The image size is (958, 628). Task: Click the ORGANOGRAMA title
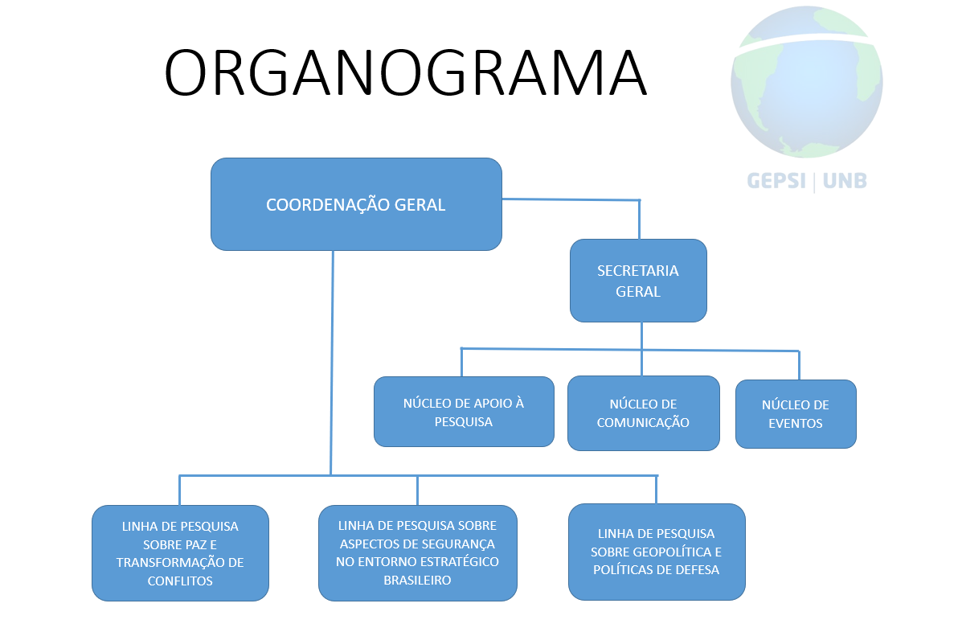coord(405,72)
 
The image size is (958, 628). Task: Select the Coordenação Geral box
coord(356,204)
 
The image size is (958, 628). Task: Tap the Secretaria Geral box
coord(638,281)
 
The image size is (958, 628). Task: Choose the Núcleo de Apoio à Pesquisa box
coord(464,412)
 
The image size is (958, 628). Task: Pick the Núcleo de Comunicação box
coord(643,413)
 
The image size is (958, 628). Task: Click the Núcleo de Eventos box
coord(796,414)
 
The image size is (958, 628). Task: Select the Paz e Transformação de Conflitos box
coord(180,552)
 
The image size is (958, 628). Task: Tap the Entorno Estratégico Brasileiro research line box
coord(417,552)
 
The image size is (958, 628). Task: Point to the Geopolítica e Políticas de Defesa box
coord(657,552)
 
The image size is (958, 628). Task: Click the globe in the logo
coord(806,83)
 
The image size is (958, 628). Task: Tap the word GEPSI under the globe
coord(776,181)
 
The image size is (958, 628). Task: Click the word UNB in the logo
coord(845,181)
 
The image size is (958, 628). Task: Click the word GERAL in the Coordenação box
coord(420,205)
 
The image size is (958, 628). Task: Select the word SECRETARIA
coord(638,271)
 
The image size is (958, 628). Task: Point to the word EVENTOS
coord(796,423)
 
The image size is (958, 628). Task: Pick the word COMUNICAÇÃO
coord(643,422)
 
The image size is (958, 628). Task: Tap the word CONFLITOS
coord(180,581)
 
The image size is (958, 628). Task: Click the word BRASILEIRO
coord(417,581)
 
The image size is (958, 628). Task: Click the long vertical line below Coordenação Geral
coord(332,363)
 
